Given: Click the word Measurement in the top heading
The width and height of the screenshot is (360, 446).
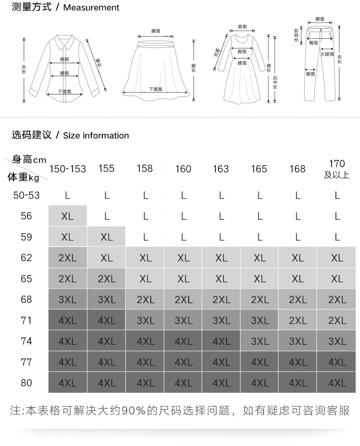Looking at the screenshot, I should point(91,8).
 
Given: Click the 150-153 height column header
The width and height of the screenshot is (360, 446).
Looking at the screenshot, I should point(68,169).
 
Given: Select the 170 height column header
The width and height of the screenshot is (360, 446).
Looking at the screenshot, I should point(337,164).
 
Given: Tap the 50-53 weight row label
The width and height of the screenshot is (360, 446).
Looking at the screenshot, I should point(26,195).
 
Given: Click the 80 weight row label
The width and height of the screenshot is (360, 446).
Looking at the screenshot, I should point(26,383).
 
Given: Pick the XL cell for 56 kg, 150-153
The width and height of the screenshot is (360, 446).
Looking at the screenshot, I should point(68,216).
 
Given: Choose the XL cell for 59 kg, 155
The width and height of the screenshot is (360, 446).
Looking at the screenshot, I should point(107,237).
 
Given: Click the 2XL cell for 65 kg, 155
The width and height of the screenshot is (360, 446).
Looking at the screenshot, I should point(107,279).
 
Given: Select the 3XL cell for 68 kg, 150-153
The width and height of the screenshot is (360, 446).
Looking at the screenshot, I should point(68,300).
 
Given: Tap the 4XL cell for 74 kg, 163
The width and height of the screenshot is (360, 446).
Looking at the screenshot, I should point(221,341).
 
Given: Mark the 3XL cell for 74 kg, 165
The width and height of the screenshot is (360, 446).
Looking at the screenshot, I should point(260,341).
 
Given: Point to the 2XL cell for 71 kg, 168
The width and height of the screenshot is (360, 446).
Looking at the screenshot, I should point(298,320).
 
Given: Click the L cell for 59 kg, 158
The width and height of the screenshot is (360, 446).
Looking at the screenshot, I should point(145,237).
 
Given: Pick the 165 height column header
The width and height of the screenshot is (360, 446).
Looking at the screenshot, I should point(259,169).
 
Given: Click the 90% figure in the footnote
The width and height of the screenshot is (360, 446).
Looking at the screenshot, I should point(130,411).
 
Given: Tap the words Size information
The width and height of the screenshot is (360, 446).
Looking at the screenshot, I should point(96,136).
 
